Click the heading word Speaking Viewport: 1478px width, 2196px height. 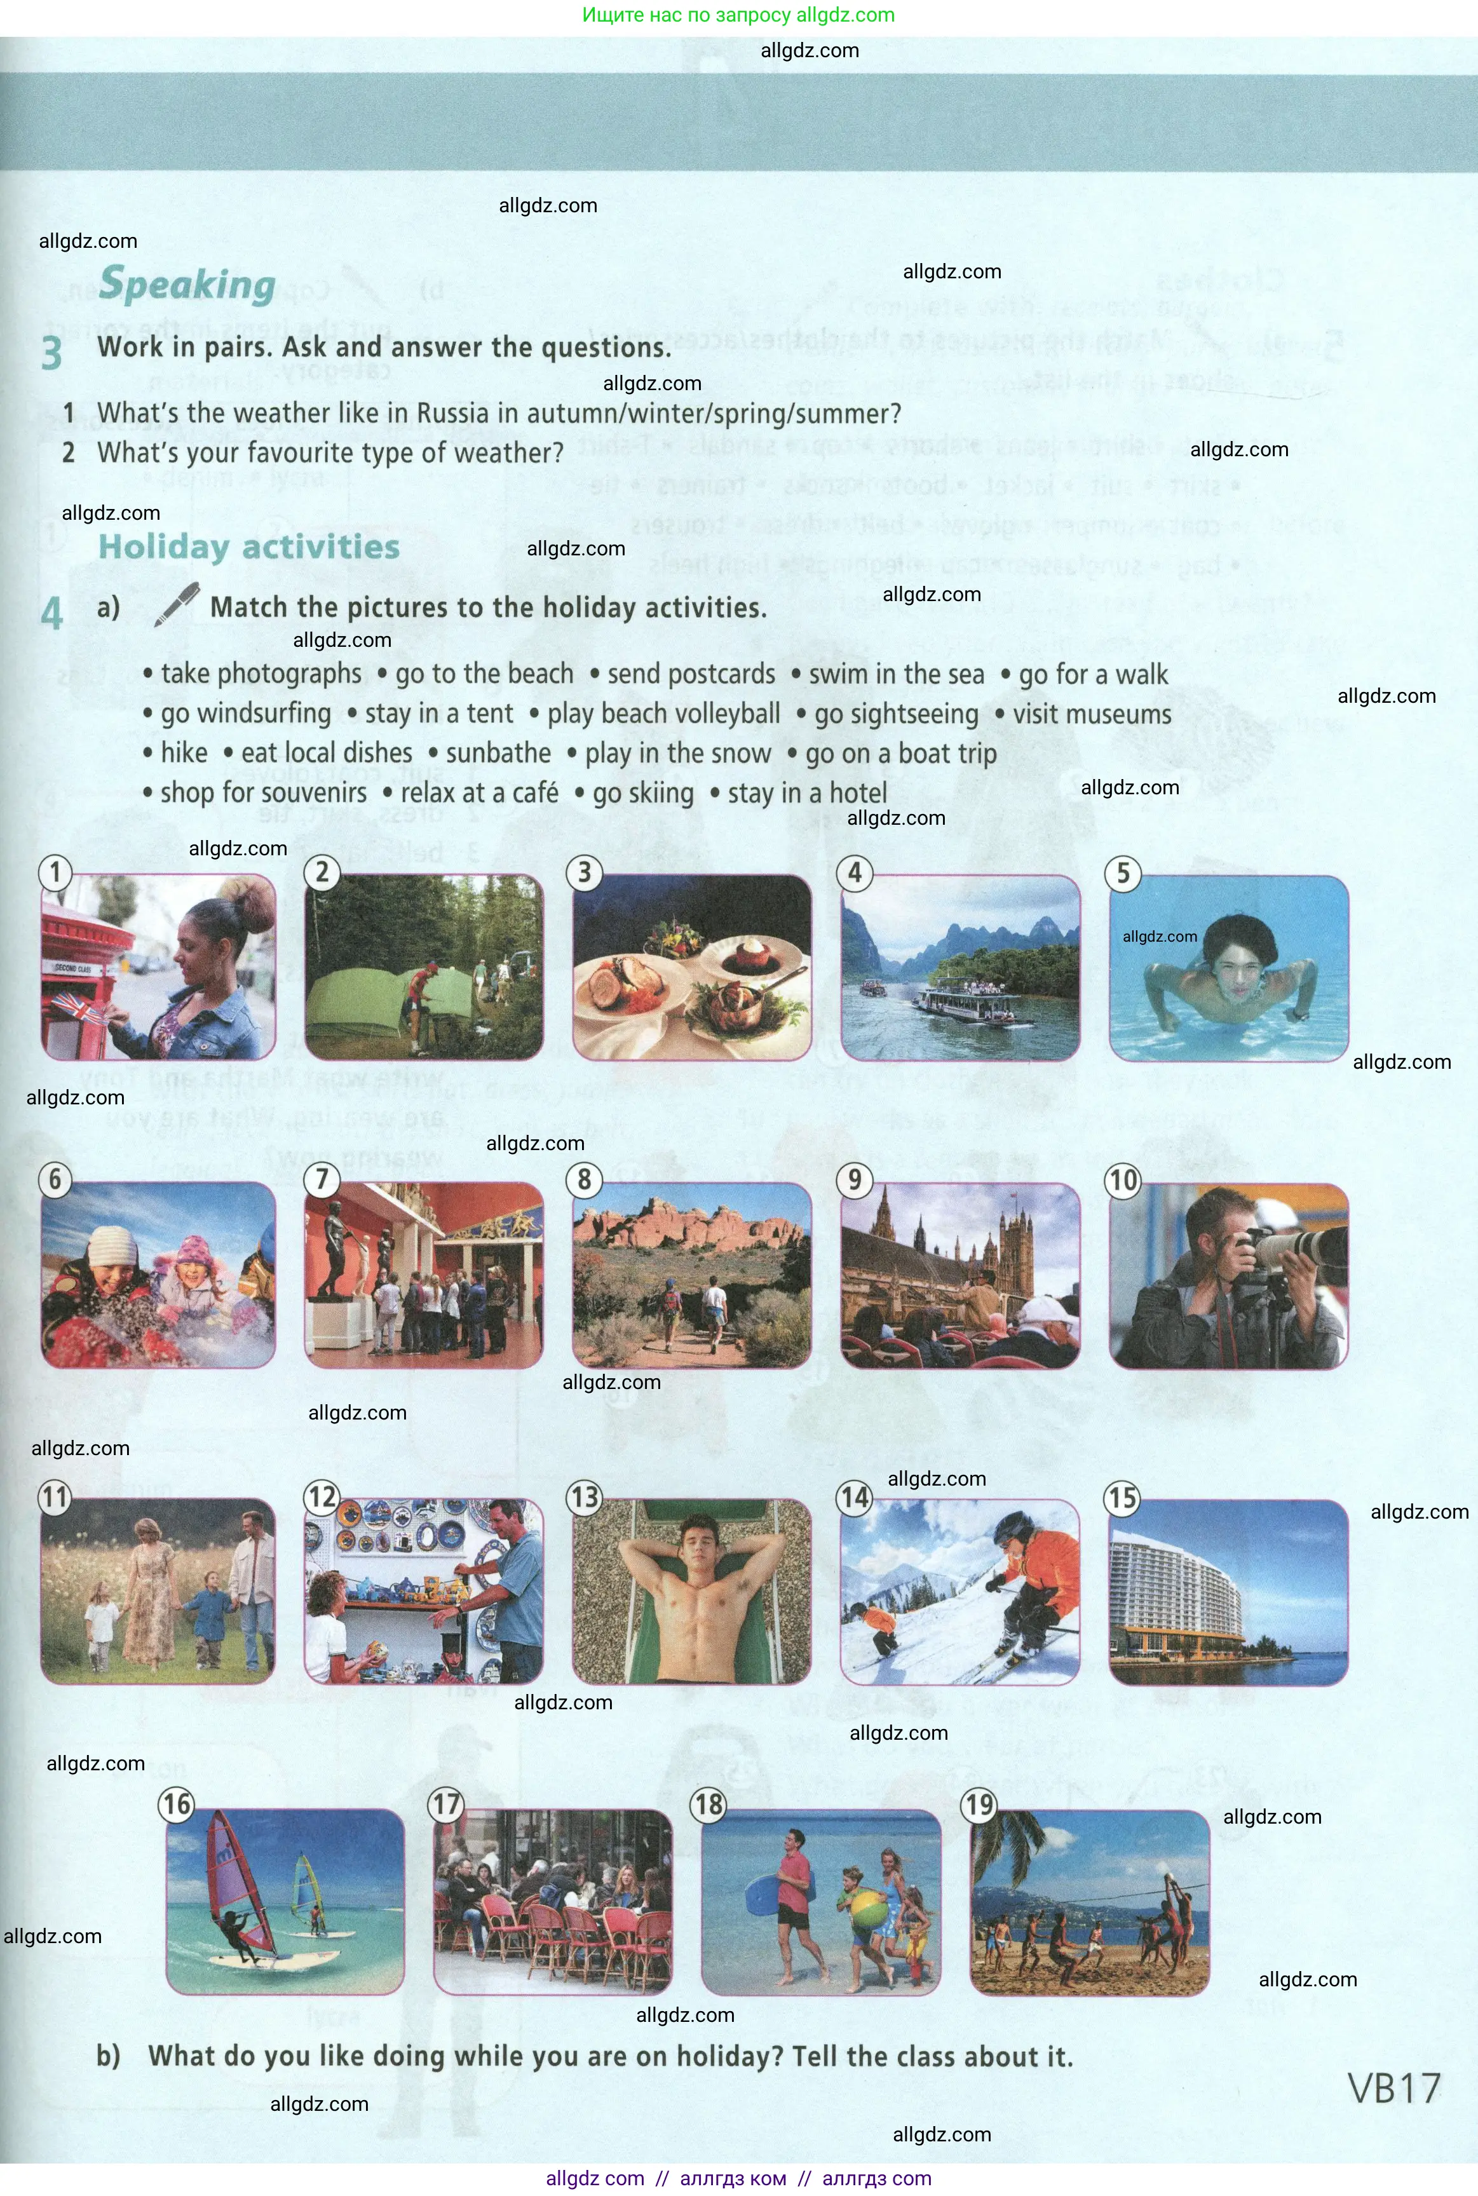[187, 285]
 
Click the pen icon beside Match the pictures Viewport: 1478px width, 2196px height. [176, 605]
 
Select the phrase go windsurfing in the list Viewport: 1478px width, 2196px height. [245, 714]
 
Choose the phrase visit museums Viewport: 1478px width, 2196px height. [1092, 714]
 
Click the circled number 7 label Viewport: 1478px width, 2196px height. [322, 1179]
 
